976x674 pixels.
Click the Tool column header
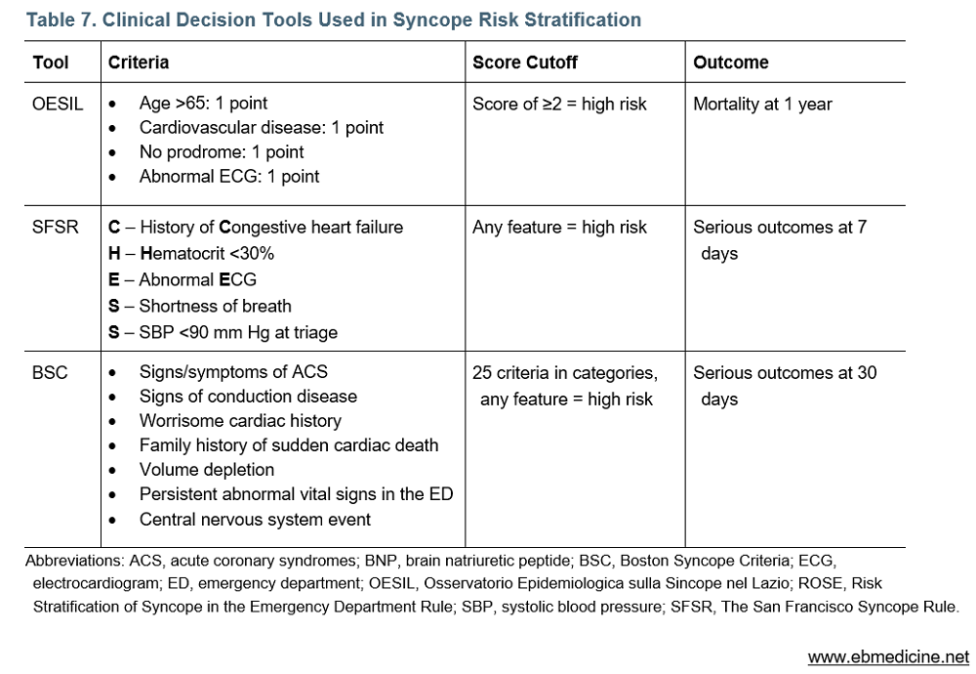coord(51,63)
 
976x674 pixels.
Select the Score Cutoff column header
coord(524,63)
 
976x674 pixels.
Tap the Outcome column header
coord(730,63)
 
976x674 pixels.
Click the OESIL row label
coord(58,104)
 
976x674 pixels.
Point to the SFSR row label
coord(56,228)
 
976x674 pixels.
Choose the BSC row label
coord(51,372)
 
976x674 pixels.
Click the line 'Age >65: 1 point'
coord(203,104)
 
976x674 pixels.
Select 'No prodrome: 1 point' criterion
coord(222,152)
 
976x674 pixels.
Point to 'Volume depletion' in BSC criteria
coord(207,470)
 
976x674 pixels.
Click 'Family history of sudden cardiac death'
coord(289,445)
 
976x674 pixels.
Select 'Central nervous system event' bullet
coord(255,520)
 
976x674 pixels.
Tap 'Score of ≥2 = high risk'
coord(559,104)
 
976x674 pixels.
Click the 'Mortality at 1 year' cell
coord(762,104)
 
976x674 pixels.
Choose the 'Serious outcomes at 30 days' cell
coord(785,385)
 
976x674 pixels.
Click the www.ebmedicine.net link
coord(888,656)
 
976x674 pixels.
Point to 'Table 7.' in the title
coord(60,20)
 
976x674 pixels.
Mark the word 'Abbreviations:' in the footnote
coord(71,561)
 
